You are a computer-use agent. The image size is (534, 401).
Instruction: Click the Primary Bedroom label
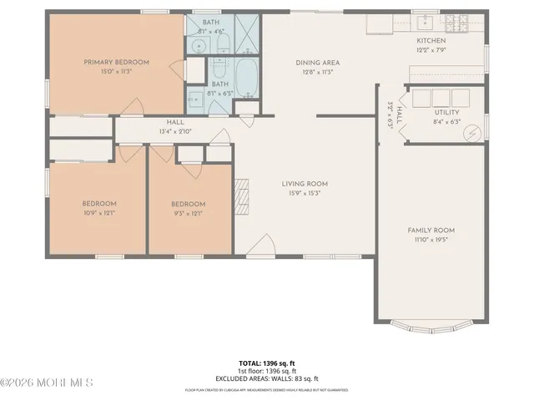pos(116,62)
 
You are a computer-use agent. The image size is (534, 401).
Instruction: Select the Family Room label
pos(431,230)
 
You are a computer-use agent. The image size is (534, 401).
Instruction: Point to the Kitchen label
pos(431,41)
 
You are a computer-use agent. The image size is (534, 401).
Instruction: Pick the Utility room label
pos(446,112)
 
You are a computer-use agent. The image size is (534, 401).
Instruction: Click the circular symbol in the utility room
pos(472,133)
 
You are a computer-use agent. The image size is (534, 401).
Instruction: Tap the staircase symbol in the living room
pos(244,194)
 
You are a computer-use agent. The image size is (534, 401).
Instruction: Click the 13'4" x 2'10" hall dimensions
pos(174,131)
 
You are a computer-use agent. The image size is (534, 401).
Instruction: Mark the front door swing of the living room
pos(261,245)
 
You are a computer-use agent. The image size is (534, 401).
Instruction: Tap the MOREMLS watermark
pos(47,383)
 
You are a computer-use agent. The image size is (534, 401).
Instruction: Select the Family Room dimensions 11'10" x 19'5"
pos(431,239)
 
